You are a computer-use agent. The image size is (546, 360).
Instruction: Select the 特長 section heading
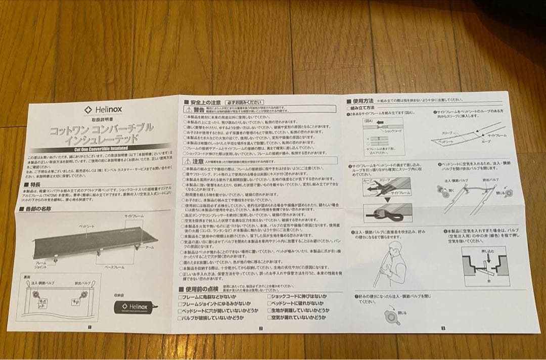tap(36, 185)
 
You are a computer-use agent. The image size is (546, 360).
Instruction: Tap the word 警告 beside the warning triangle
tap(199, 109)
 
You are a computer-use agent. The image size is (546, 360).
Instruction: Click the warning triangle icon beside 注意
tap(187, 161)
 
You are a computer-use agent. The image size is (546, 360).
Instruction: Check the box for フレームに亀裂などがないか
tap(180, 296)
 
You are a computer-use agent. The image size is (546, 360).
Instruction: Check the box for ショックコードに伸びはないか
tap(270, 296)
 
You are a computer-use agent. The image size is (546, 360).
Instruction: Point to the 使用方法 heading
tap(363, 101)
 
